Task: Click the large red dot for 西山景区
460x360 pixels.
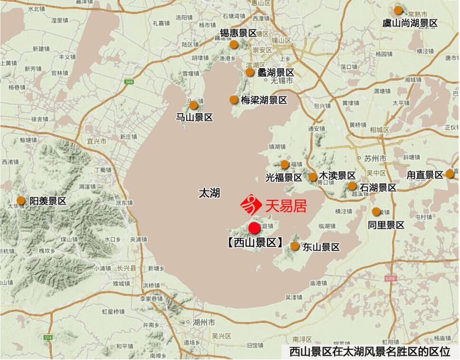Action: (x=254, y=227)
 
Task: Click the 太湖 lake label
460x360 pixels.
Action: (x=209, y=193)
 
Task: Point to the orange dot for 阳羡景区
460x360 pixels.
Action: (x=21, y=200)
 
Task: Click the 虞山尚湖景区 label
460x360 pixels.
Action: (x=411, y=23)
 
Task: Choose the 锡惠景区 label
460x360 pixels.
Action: (x=239, y=33)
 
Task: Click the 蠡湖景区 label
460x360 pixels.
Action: (x=276, y=72)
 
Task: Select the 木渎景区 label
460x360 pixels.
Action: (x=337, y=176)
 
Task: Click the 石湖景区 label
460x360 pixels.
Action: (x=379, y=187)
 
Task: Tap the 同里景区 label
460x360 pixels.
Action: (x=386, y=225)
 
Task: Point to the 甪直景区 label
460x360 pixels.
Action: (x=425, y=175)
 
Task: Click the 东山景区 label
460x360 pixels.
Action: (x=321, y=247)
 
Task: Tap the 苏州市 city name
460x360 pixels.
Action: (x=375, y=159)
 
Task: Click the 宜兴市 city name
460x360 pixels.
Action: (x=96, y=141)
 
